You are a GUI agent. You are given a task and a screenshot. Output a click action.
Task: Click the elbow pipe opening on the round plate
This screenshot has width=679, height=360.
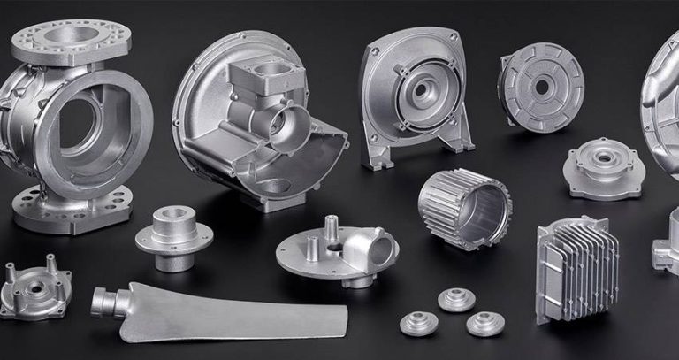tap(382, 238)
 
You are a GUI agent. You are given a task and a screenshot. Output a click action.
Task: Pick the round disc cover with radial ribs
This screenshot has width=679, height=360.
tap(540, 83)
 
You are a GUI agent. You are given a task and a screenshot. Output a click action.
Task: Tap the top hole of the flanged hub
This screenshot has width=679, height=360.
tap(173, 215)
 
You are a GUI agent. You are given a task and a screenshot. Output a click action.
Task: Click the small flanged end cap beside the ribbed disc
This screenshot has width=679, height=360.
tap(604, 165)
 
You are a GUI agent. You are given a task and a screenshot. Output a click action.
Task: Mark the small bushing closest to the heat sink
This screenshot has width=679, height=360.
tap(485, 323)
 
